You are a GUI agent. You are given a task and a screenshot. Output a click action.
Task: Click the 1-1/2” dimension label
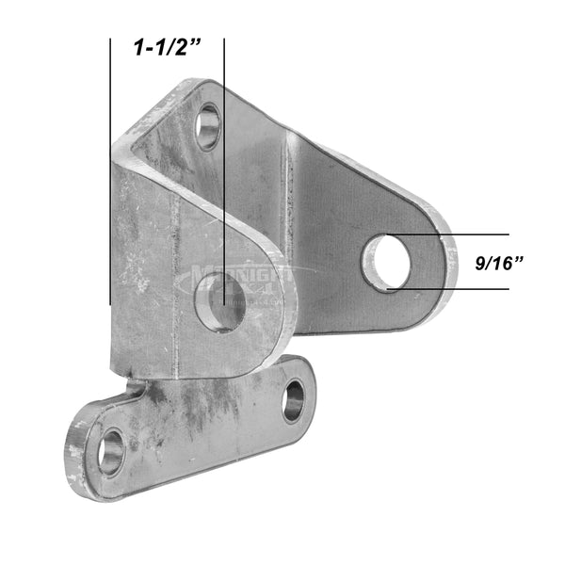click(x=169, y=48)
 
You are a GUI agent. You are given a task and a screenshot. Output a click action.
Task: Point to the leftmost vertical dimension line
click(x=111, y=169)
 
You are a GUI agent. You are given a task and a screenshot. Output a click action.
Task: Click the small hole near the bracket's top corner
click(x=208, y=126)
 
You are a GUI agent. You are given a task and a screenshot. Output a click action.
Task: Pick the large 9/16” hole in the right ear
click(x=386, y=263)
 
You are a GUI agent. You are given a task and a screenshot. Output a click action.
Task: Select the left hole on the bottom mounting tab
click(x=111, y=451)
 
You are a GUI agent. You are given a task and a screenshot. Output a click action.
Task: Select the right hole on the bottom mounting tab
click(x=293, y=399)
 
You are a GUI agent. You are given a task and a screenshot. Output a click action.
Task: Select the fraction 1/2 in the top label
click(x=176, y=48)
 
